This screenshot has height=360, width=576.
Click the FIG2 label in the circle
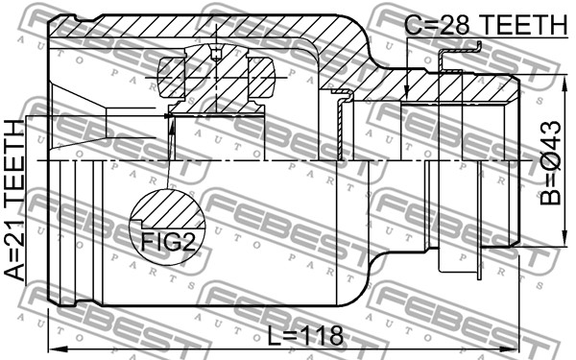[x=168, y=242]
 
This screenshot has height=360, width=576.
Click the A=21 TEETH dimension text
[x=14, y=201]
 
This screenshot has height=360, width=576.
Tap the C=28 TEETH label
[x=486, y=25]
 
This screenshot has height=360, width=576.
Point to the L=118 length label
[x=305, y=335]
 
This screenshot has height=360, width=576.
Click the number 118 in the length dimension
[x=323, y=335]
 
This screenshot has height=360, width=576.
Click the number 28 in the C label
[x=454, y=25]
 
